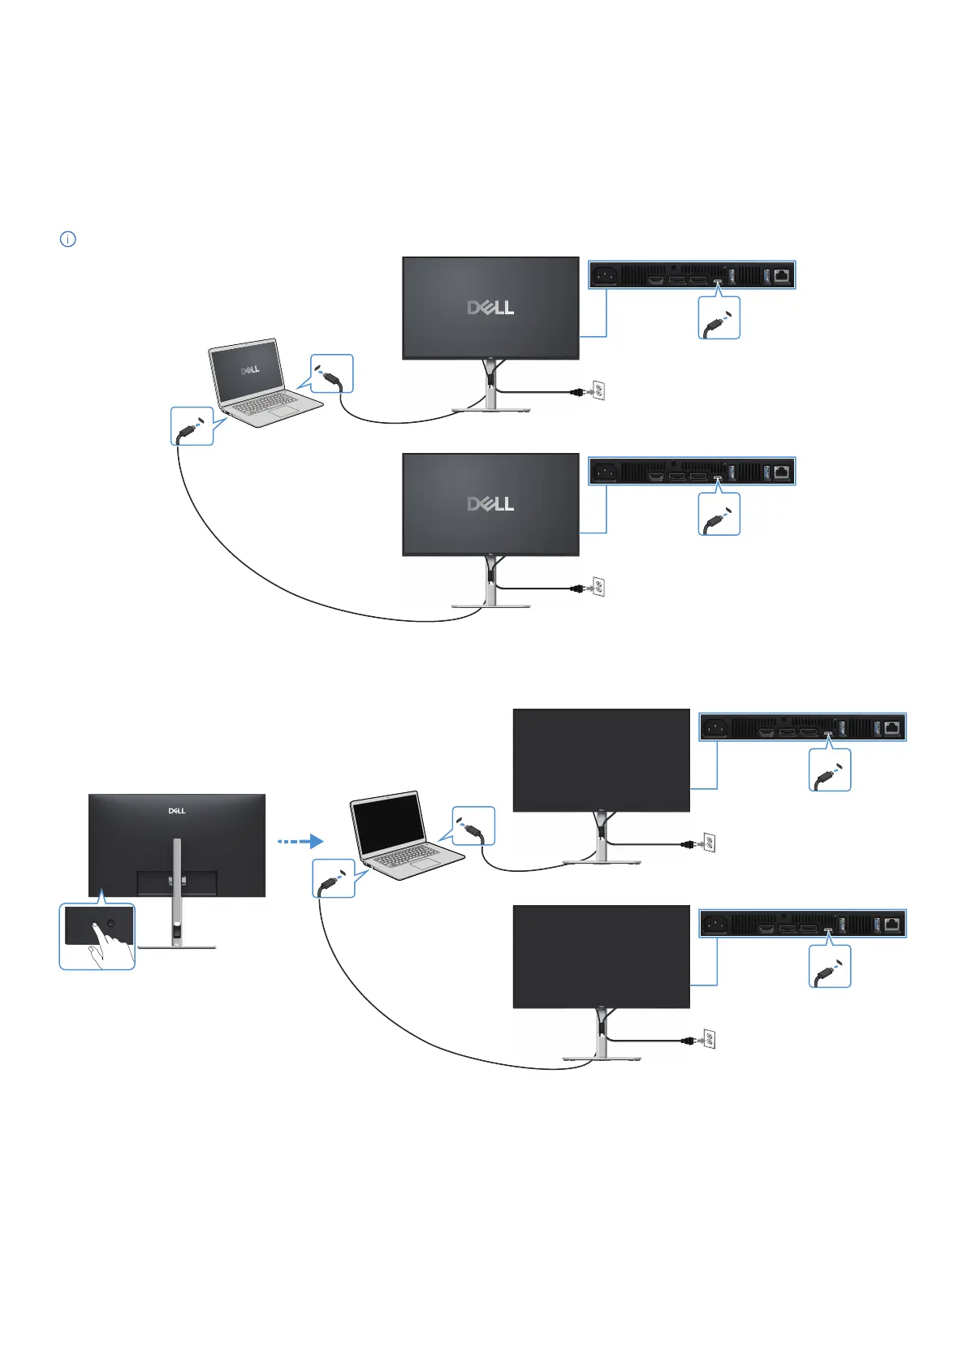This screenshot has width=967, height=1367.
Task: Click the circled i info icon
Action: [68, 239]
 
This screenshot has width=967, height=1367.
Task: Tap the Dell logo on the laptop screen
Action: [250, 369]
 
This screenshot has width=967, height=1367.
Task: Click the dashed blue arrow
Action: [300, 842]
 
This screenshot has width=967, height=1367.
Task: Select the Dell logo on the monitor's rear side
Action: [177, 810]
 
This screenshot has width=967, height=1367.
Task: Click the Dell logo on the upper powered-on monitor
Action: [490, 308]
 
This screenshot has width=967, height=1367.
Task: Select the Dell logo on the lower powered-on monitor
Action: [490, 503]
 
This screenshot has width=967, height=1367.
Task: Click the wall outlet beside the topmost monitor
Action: [598, 391]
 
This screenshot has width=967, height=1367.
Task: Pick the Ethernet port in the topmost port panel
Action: [782, 276]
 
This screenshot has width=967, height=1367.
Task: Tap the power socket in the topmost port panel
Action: [603, 276]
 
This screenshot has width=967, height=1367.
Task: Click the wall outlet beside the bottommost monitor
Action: [709, 1039]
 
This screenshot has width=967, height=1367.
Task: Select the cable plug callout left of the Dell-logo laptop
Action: [192, 426]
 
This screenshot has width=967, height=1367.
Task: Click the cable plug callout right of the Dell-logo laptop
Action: [332, 374]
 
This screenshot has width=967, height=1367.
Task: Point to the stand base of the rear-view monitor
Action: [178, 946]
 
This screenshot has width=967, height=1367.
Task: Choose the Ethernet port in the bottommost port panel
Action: [892, 924]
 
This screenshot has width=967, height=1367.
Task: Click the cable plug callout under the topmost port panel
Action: [719, 318]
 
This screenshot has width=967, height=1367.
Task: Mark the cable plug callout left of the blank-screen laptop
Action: [334, 878]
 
